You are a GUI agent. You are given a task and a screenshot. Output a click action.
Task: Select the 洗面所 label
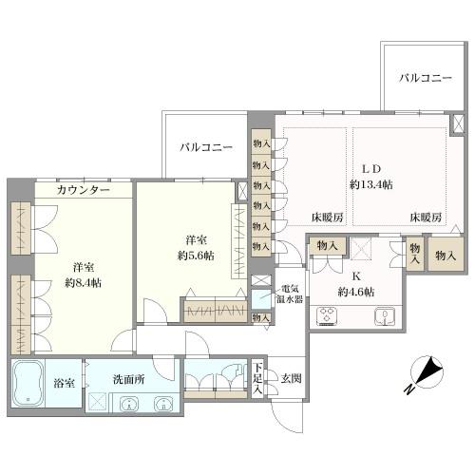tap(127, 378)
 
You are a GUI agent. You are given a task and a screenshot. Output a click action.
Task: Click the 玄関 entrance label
tap(292, 378)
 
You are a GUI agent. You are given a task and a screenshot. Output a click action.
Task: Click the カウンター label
tap(84, 190)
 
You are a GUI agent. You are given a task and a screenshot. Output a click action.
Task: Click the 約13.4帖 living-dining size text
tap(370, 183)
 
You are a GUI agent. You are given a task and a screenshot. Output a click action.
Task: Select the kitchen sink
tap(385, 317)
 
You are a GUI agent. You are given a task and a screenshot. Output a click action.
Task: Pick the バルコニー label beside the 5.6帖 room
tap(206, 147)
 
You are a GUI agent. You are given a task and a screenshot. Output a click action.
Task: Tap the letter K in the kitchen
tap(357, 276)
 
